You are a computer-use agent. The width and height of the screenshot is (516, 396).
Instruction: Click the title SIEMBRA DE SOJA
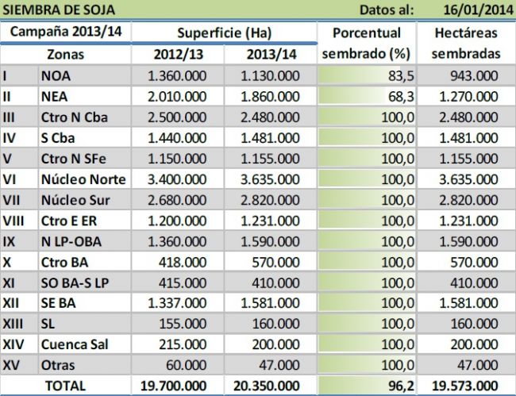pyautogui.click(x=59, y=10)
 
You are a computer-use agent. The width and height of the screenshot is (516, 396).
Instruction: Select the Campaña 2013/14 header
pyautogui.click(x=65, y=33)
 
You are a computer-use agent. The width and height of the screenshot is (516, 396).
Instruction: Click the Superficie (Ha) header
pyautogui.click(x=225, y=33)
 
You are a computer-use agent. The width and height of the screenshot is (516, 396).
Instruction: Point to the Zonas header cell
pyautogui.click(x=65, y=55)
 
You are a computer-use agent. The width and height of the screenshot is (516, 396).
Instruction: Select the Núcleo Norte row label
pyautogui.click(x=83, y=179)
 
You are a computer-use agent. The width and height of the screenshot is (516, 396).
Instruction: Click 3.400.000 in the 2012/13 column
pyautogui.click(x=179, y=179)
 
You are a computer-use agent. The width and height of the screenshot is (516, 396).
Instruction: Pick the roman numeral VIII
pyautogui.click(x=14, y=221)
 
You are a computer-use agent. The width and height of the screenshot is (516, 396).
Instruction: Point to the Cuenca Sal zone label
pyautogui.click(x=75, y=344)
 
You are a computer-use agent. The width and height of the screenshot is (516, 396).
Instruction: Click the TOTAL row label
pyautogui.click(x=68, y=386)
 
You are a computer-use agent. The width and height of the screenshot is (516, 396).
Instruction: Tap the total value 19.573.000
pyautogui.click(x=467, y=386)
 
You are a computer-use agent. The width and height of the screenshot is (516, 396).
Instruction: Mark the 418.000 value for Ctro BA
pyautogui.click(x=188, y=262)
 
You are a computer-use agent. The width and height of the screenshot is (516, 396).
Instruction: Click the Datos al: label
pyautogui.click(x=387, y=10)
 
